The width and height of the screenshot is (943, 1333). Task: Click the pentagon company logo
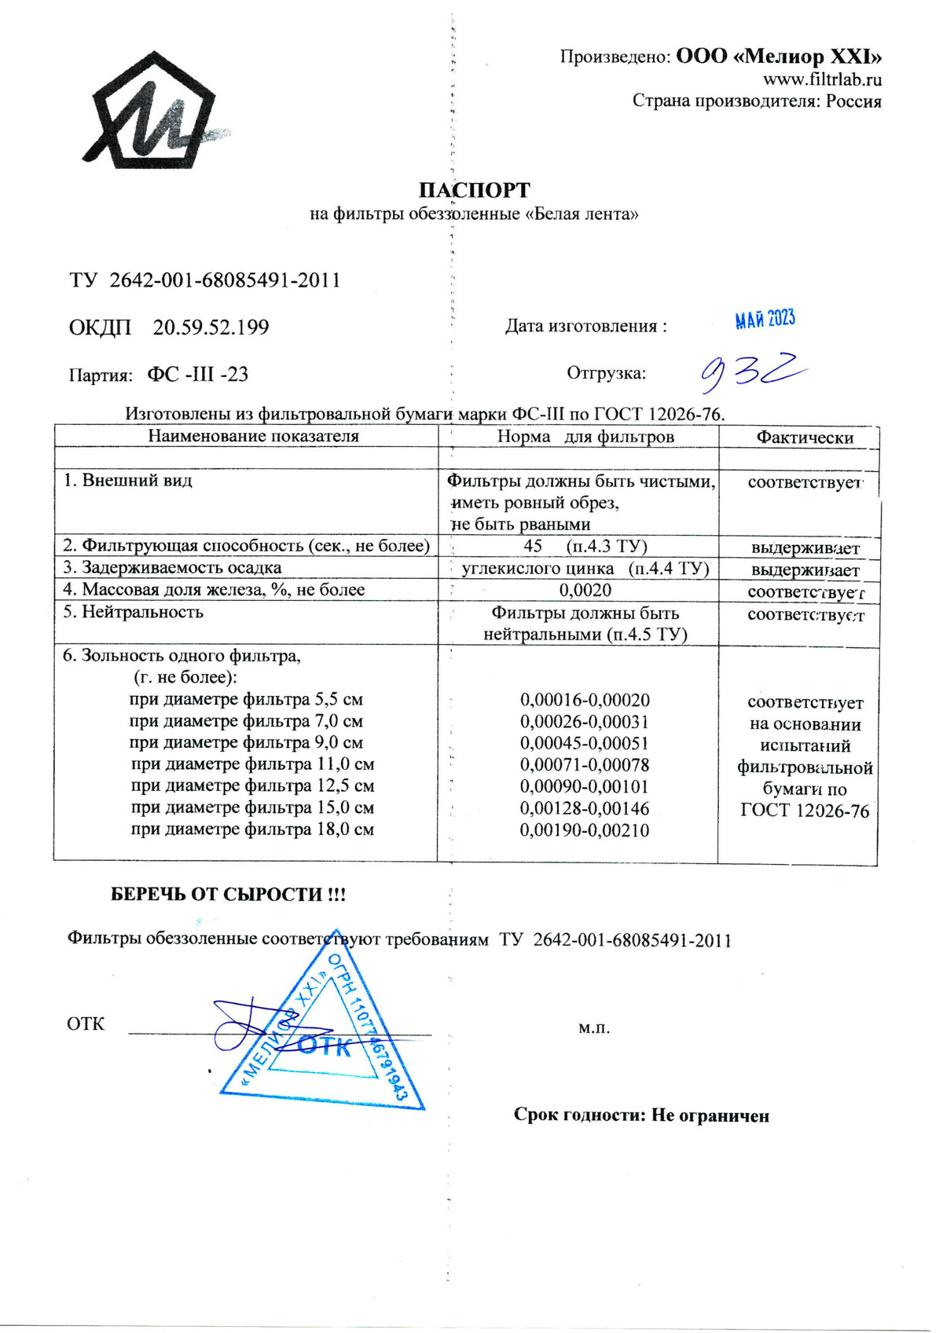click(149, 118)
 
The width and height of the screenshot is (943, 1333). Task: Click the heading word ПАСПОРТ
click(474, 190)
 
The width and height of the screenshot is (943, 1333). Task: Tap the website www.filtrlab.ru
click(822, 79)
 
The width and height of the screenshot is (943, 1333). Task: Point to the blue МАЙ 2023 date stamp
click(765, 319)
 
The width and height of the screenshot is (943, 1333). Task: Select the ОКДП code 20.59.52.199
click(211, 328)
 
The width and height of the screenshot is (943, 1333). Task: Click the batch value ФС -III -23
click(197, 375)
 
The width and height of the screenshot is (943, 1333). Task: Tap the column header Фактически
click(805, 438)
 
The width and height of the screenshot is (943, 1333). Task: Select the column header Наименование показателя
click(253, 436)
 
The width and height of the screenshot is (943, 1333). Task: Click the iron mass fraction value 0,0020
click(585, 590)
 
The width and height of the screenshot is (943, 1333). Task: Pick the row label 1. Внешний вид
click(128, 480)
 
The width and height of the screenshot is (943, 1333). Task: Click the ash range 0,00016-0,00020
click(585, 700)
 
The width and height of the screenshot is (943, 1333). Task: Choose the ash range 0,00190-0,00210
click(585, 830)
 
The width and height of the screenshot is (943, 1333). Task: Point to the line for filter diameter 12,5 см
click(252, 786)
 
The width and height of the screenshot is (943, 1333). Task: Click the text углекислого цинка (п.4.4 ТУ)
click(585, 568)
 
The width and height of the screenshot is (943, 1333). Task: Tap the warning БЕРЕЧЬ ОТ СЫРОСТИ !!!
click(228, 895)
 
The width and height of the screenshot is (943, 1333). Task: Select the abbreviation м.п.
click(594, 1027)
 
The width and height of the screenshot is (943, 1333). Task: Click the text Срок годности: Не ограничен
click(641, 1115)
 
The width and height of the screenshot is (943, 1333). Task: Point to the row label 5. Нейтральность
click(134, 612)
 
